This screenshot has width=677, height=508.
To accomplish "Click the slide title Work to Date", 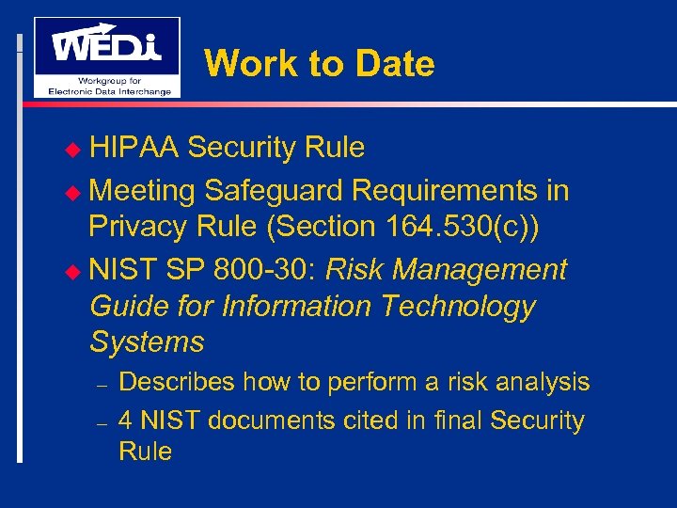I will click(x=319, y=64).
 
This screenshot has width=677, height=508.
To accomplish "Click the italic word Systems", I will click(x=147, y=341).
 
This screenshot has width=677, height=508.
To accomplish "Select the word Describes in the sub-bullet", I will click(x=178, y=382).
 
